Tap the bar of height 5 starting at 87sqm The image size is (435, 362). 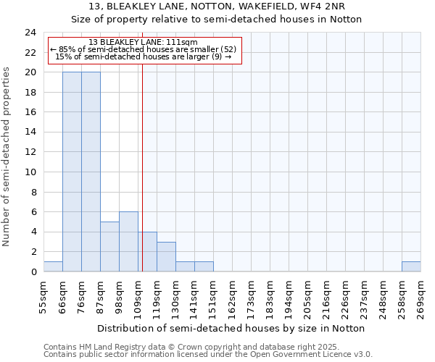pyautogui.click(x=109, y=247)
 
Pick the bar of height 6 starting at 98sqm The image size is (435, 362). pyautogui.click(x=128, y=242)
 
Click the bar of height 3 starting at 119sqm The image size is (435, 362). pyautogui.click(x=166, y=257)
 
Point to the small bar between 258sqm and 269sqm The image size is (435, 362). pyautogui.click(x=411, y=266)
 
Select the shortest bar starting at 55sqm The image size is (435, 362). pyautogui.click(x=53, y=266)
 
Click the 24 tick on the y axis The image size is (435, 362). pyautogui.click(x=30, y=33)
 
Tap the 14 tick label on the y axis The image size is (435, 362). pyautogui.click(x=30, y=132)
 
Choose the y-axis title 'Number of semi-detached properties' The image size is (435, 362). pyautogui.click(x=7, y=156)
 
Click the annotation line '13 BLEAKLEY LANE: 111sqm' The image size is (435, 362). pyautogui.click(x=143, y=43)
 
